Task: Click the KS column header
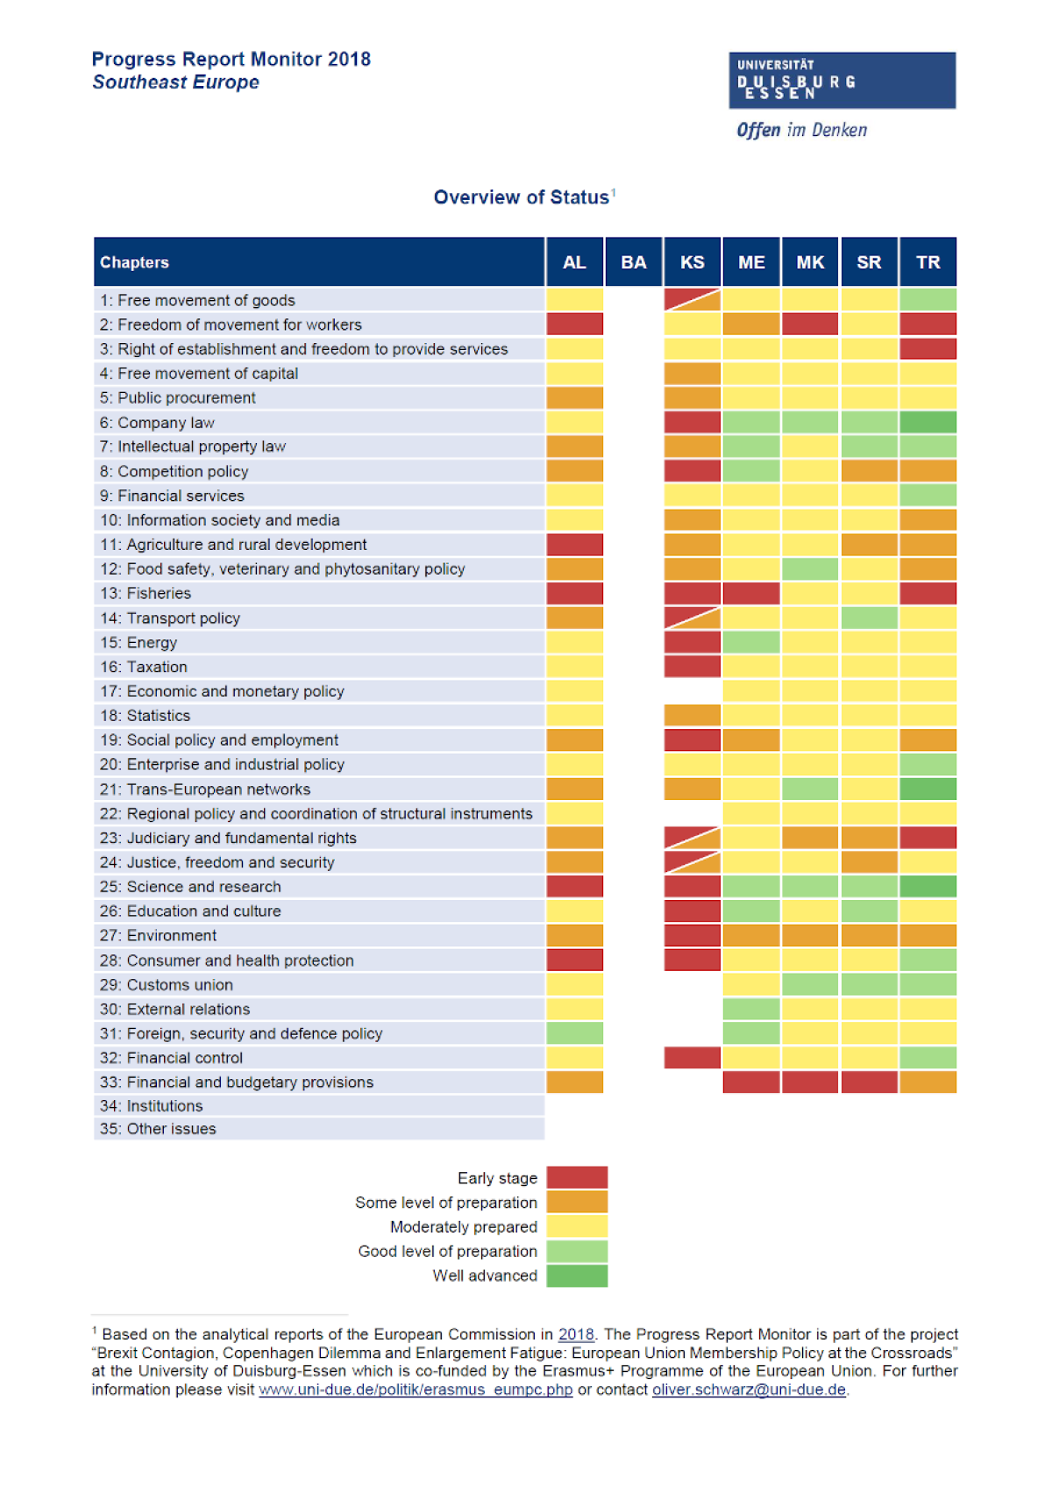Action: point(692,262)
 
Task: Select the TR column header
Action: point(928,262)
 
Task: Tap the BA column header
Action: point(633,262)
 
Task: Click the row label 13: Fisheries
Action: point(146,594)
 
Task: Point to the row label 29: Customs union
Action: point(167,985)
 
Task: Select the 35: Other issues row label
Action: point(158,1129)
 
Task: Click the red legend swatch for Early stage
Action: point(577,1177)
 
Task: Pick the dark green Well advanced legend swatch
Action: point(577,1275)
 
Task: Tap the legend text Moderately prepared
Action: point(464,1227)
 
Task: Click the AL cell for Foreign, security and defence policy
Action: point(574,1033)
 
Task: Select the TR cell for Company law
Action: point(928,422)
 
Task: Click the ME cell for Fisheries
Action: point(751,594)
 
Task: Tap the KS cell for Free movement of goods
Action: point(692,300)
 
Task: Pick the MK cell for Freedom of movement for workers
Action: point(810,325)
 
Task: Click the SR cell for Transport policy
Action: point(869,618)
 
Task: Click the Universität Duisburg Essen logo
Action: point(842,81)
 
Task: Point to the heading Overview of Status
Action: point(522,197)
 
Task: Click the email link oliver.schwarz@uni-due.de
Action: point(749,1389)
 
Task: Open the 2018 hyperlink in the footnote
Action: point(576,1334)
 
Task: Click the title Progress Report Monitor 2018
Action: point(231,60)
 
